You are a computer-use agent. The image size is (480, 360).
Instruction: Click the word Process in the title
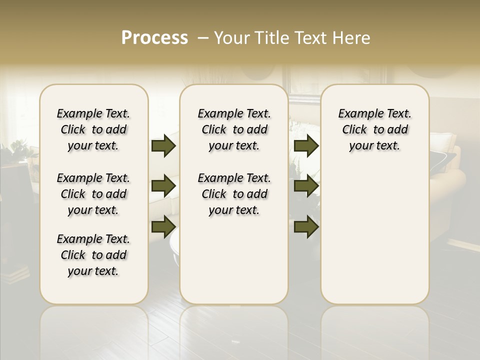(x=154, y=38)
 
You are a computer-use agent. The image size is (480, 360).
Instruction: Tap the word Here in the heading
(x=352, y=38)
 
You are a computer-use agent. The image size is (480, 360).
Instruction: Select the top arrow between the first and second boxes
(x=163, y=146)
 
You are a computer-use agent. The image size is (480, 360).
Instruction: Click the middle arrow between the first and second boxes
(x=163, y=186)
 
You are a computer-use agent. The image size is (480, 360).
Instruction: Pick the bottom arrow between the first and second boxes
(x=163, y=226)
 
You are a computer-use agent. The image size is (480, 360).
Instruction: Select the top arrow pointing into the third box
(x=306, y=146)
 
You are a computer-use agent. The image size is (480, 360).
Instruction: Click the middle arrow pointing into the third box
(x=306, y=186)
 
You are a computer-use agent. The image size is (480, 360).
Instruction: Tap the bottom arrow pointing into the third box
(x=306, y=226)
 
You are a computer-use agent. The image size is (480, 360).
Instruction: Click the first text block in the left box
(x=93, y=129)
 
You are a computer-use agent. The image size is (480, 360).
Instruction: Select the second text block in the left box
(x=93, y=194)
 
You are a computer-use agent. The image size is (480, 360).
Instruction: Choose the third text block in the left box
(x=93, y=255)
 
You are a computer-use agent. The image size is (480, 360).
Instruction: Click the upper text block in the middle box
(x=234, y=129)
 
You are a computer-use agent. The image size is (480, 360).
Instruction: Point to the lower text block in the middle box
(x=234, y=194)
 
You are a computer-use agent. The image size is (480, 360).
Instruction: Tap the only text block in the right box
(x=374, y=129)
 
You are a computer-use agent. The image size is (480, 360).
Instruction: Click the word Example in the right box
(x=357, y=114)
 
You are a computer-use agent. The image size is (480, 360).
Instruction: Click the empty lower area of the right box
(x=374, y=235)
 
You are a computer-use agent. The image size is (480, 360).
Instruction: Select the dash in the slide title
(x=203, y=38)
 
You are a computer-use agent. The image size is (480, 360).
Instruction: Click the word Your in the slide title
(x=231, y=38)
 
